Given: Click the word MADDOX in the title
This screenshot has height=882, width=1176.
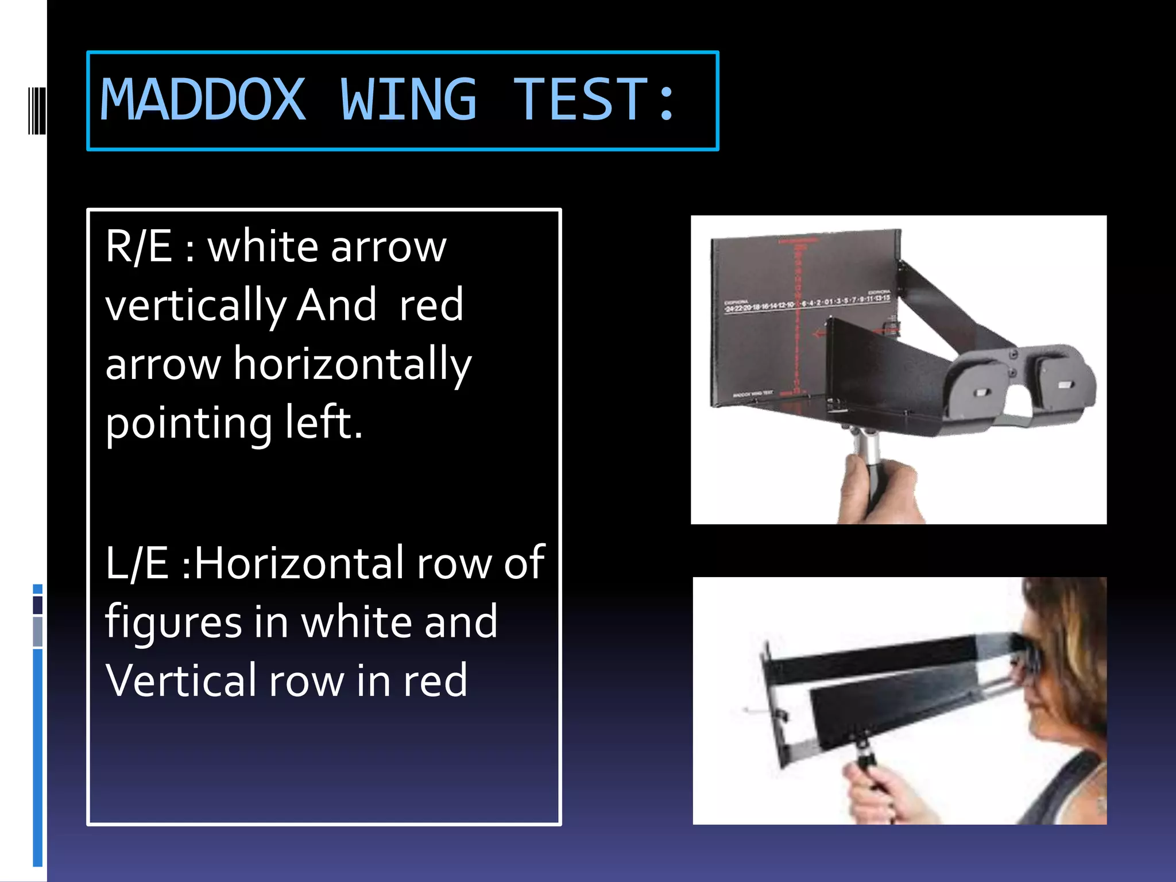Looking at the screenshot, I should [203, 100].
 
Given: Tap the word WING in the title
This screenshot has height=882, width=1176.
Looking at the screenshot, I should [408, 100].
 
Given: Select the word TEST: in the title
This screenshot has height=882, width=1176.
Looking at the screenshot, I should [594, 100].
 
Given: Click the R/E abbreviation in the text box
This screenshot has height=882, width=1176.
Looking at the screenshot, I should [138, 246].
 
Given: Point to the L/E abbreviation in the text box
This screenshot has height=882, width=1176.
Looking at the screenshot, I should [137, 563].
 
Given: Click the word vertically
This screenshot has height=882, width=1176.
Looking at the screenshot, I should [196, 306].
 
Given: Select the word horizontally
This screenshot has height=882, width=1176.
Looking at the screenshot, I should [352, 365].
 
